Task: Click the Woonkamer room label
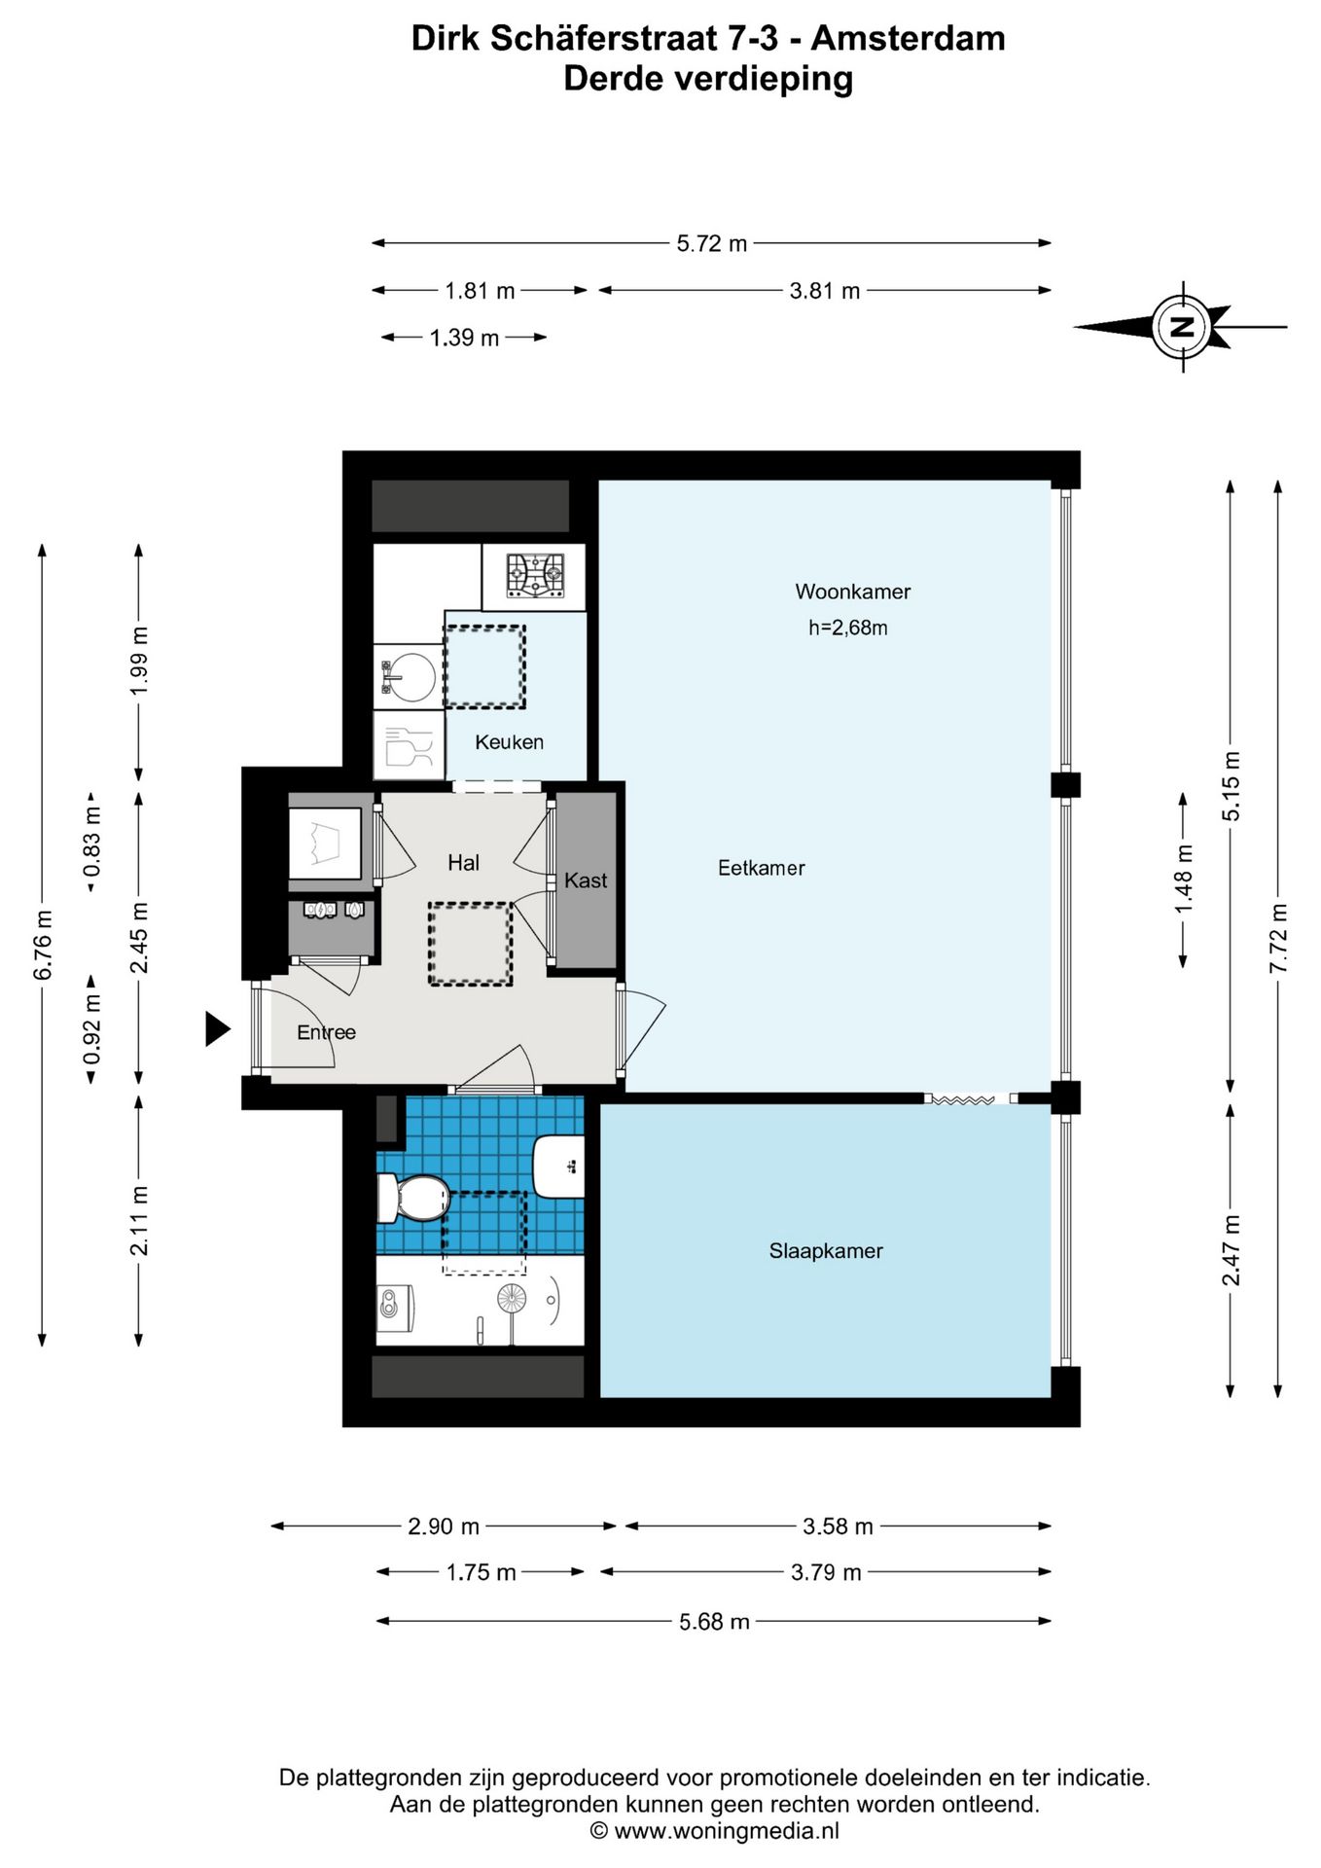(x=853, y=592)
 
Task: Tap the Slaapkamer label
(x=826, y=1251)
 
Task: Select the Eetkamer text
(x=762, y=868)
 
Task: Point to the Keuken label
(x=509, y=742)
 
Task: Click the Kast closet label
(x=586, y=880)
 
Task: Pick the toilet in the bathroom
(x=413, y=1198)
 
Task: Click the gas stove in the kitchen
(x=535, y=576)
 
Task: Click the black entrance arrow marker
(x=217, y=1028)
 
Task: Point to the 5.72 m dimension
(x=712, y=243)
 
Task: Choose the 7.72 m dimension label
(x=1278, y=938)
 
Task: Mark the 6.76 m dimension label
(x=43, y=945)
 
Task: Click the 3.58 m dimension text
(x=838, y=1527)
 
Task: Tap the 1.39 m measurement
(x=464, y=338)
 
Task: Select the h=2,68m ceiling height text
(x=848, y=629)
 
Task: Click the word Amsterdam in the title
(x=909, y=39)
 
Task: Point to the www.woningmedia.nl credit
(x=715, y=1831)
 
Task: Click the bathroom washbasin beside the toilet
(x=559, y=1166)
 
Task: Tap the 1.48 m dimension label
(x=1183, y=880)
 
